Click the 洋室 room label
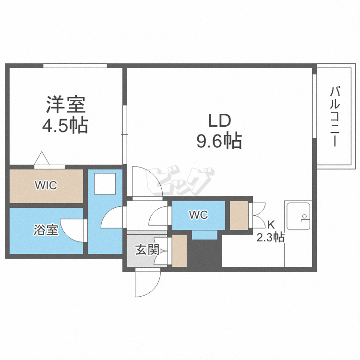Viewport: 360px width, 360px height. tap(65, 104)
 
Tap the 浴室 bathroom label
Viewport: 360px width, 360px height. tap(46, 230)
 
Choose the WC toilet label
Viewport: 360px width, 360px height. tap(198, 215)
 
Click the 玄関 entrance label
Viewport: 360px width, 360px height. tap(146, 250)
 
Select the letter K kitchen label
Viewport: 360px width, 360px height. tap(271, 224)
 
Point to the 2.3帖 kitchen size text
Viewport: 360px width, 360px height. tap(271, 237)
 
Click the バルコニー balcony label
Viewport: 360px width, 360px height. tap(336, 117)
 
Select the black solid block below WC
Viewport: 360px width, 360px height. tap(204, 254)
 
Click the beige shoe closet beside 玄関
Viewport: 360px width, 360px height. tap(179, 250)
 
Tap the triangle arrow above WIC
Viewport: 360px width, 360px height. tap(41, 158)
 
